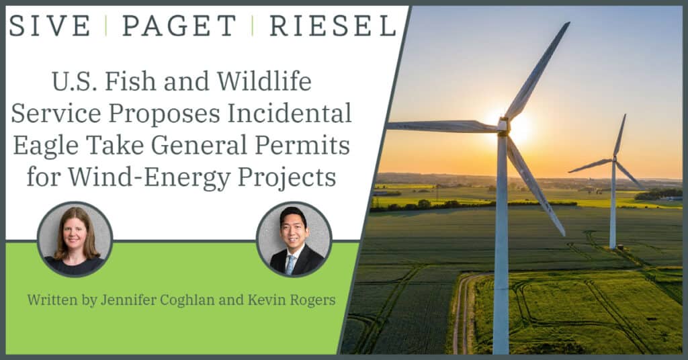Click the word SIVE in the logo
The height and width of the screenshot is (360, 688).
[50, 26]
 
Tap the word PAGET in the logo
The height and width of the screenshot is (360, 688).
[179, 26]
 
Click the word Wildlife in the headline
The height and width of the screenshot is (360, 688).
[264, 81]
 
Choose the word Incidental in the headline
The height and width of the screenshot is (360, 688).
[290, 114]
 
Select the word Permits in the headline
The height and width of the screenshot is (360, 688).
[302, 146]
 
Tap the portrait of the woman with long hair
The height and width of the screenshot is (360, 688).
[75, 239]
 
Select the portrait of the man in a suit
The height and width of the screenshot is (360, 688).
[294, 239]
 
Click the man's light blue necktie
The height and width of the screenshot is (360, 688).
[290, 265]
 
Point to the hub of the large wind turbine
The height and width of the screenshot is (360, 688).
[504, 126]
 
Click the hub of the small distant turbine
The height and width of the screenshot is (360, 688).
[615, 159]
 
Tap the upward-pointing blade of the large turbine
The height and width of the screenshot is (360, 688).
[537, 70]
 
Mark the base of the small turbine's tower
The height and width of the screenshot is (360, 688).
[613, 247]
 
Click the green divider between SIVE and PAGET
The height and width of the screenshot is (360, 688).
[106, 26]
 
